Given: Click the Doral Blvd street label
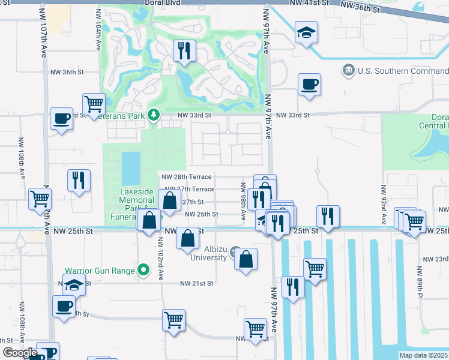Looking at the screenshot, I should [x=163, y=3].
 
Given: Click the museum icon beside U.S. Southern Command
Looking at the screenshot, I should [x=348, y=71].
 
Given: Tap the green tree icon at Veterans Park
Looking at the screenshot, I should [x=154, y=114].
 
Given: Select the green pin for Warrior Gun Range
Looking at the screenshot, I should [x=143, y=271].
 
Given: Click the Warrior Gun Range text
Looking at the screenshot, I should [x=100, y=271].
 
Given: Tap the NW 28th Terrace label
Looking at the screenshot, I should [x=187, y=177].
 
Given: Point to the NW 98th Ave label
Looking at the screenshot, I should [x=244, y=201].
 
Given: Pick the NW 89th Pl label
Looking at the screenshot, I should [x=420, y=283].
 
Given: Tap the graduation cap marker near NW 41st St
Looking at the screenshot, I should [x=306, y=33].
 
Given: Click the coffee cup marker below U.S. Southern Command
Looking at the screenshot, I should [x=309, y=85].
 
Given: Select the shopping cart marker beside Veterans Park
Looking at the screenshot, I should [x=94, y=104].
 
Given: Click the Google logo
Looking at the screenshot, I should [x=20, y=353].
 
